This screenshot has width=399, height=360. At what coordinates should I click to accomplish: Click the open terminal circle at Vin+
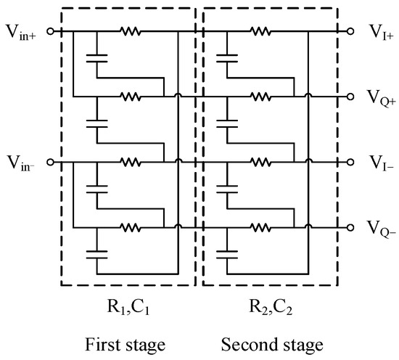[49, 31]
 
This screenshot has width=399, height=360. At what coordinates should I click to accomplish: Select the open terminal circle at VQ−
[351, 227]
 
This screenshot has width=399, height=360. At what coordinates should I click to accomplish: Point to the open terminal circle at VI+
[351, 31]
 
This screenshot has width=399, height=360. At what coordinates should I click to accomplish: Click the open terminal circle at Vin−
[49, 162]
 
